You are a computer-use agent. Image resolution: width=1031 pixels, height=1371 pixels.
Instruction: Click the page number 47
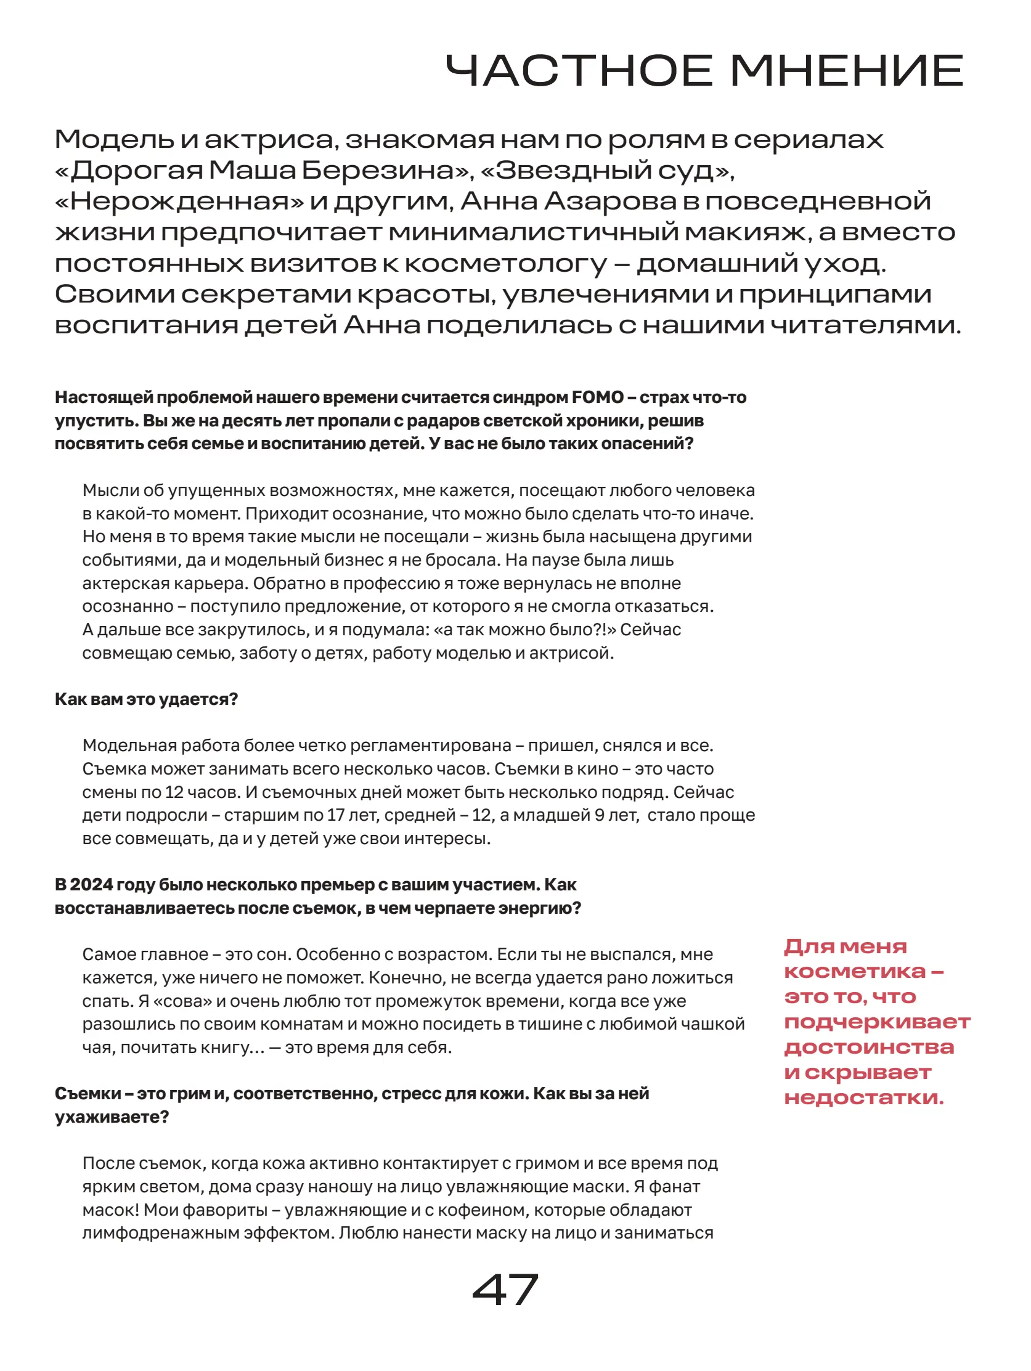[x=505, y=1290]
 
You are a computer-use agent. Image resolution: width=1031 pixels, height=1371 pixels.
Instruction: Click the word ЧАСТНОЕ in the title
[x=579, y=71]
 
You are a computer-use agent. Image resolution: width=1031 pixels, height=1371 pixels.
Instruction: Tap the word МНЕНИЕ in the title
[x=846, y=71]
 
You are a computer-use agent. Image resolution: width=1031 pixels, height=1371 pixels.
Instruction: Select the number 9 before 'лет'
[x=600, y=815]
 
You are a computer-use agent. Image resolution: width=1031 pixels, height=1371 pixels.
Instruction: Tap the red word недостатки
[x=863, y=1097]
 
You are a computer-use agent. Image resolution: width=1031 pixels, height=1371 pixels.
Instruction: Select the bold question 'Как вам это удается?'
[x=146, y=699]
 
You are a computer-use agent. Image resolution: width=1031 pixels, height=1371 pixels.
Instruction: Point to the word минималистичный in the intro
[x=532, y=232]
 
